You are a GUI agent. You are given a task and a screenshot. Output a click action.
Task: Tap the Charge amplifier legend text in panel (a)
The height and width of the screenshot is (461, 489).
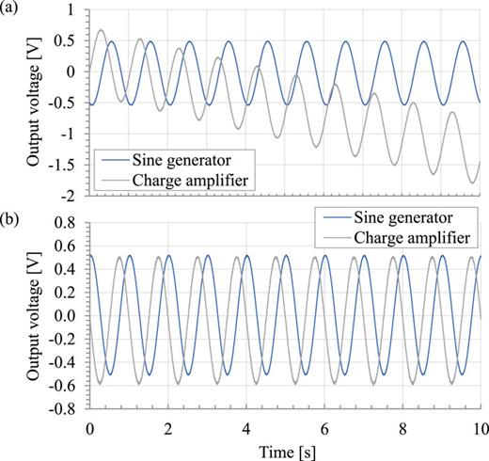(194, 177)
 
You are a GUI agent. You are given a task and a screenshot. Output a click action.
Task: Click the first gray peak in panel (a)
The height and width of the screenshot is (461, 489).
(102, 30)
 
